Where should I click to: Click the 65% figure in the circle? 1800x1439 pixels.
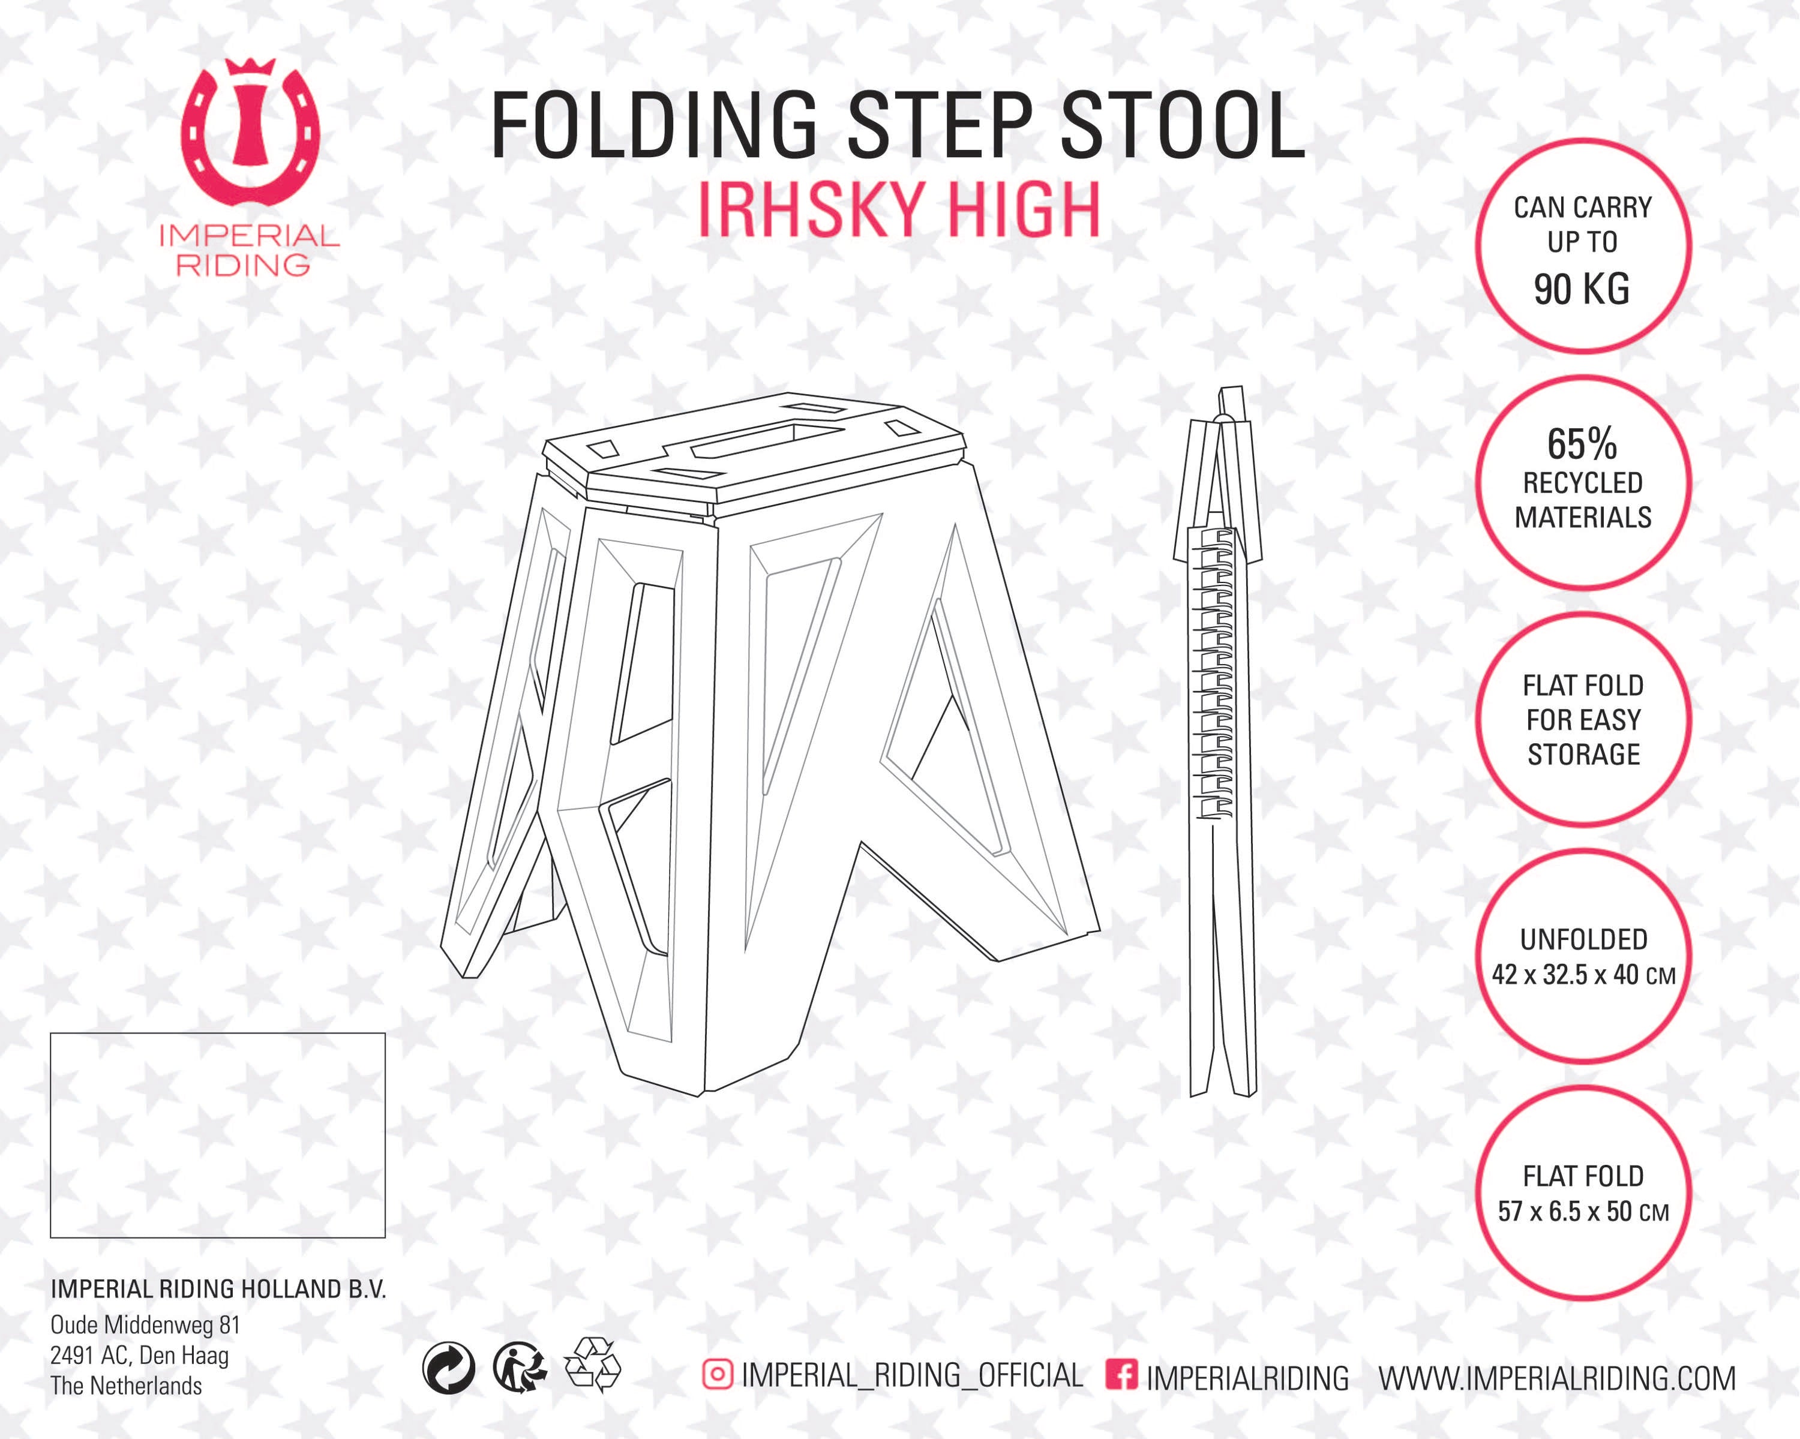pos(1582,443)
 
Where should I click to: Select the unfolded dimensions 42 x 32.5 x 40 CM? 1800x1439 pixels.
pos(1584,974)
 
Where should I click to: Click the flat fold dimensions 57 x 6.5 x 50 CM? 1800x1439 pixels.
pos(1584,1211)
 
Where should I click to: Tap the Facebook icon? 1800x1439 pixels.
pos(1121,1374)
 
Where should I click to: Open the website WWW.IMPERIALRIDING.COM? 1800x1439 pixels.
pos(1558,1378)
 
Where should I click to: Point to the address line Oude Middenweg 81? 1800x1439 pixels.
pos(145,1324)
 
